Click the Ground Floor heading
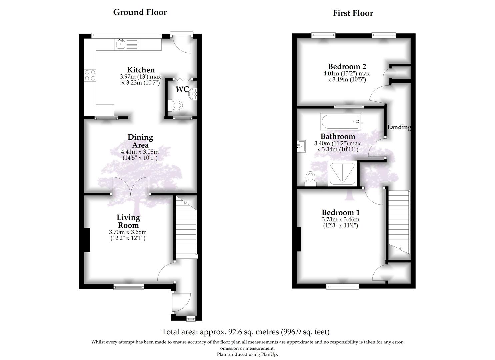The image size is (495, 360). coord(140,12)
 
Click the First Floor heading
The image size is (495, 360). coord(353,13)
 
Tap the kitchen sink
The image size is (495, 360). coord(120,44)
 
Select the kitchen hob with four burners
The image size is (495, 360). coord(90,75)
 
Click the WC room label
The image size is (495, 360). coord(182,90)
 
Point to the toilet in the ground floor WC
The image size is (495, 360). coord(176,106)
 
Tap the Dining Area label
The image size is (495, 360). coord(140,141)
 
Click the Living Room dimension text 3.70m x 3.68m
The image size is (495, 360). coord(128,232)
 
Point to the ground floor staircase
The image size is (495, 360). coord(186,230)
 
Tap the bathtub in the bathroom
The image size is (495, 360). coord(340,122)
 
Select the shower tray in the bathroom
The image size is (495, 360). coord(343,173)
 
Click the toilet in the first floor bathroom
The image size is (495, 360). coord(310,178)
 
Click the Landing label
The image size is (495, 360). coord(399,127)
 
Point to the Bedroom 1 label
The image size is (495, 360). coord(340,212)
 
